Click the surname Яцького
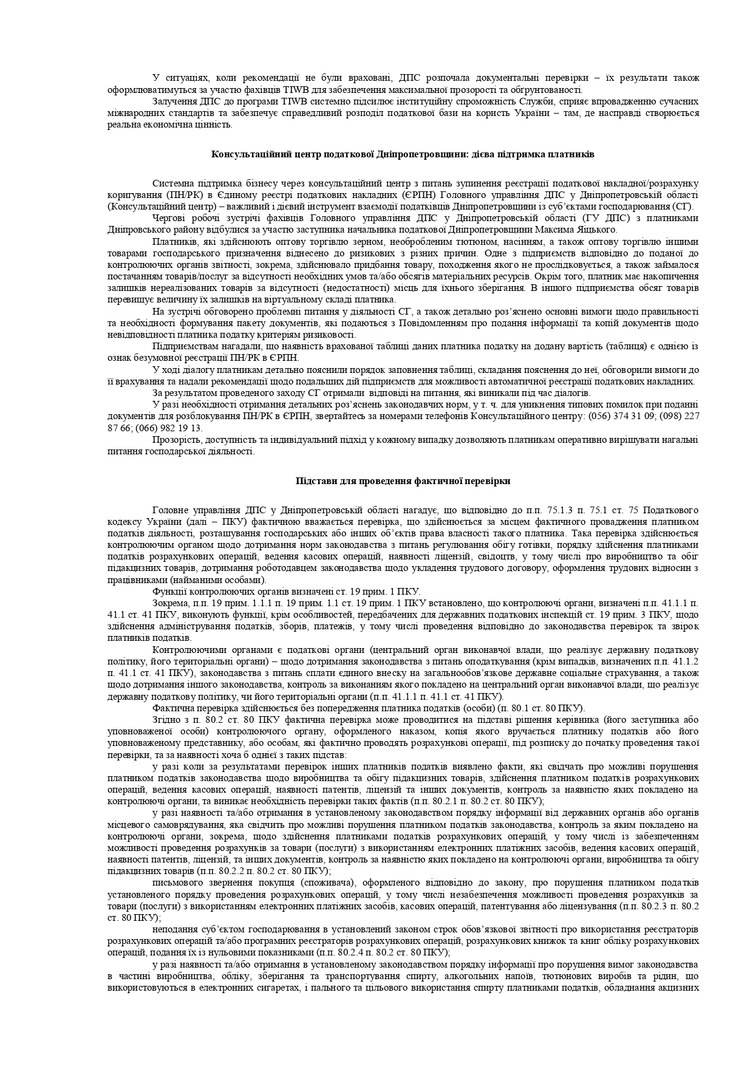click(598, 230)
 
